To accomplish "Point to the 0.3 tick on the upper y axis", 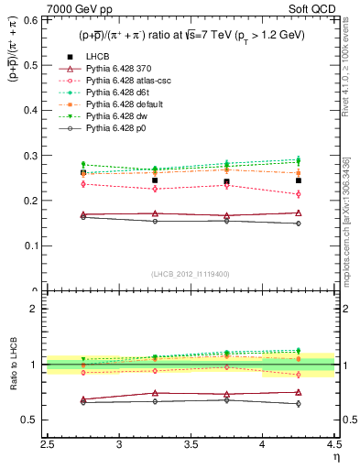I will pyautogui.click(x=36, y=155).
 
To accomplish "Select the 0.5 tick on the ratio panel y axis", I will pyautogui.click(x=36, y=420).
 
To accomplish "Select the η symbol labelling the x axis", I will pyautogui.click(x=335, y=456).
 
